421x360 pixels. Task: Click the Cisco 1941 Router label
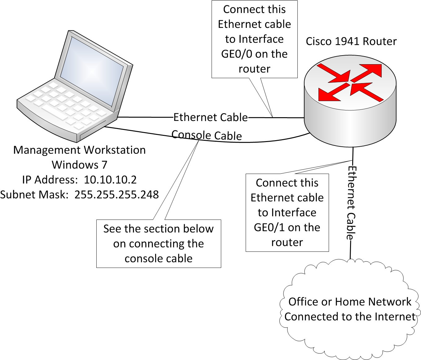click(x=351, y=42)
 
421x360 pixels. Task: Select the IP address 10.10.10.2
click(x=110, y=180)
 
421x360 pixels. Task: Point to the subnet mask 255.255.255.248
click(x=116, y=195)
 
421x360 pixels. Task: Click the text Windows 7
click(x=79, y=165)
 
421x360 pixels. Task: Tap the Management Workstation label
click(x=79, y=150)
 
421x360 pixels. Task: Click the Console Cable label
click(x=207, y=135)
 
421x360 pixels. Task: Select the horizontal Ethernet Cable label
click(x=210, y=118)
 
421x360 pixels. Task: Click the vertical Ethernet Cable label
click(x=351, y=203)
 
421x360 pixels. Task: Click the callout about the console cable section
click(x=159, y=244)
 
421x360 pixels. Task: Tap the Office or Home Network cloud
click(x=349, y=310)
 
